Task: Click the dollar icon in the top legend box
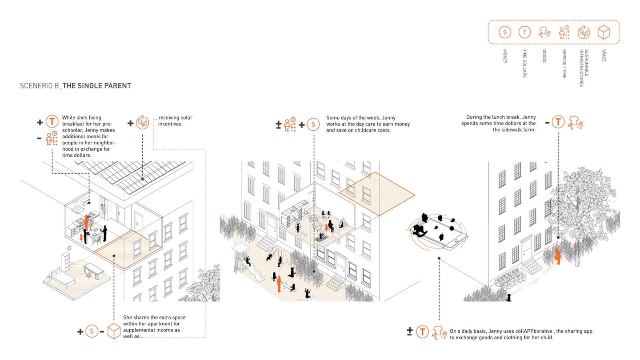pos(505,32)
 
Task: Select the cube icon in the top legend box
pos(604,32)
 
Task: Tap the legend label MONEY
pos(505,56)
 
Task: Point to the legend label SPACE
pos(604,56)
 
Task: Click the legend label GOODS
pos(544,56)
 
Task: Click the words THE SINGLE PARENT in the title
pos(97,86)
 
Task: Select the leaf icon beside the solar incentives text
pos(142,123)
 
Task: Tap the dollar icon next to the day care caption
pos(313,124)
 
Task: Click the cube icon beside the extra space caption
pos(114,331)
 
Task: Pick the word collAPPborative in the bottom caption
pos(534,331)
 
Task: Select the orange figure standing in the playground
pos(279,284)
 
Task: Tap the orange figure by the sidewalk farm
pos(557,256)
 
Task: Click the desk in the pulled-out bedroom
pos(94,271)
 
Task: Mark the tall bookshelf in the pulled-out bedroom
pos(66,262)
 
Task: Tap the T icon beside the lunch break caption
pos(558,122)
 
